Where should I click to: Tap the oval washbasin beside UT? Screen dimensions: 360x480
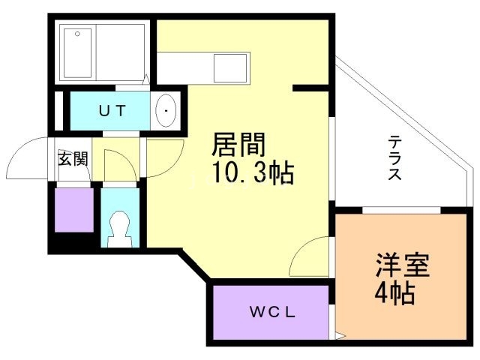(165, 112)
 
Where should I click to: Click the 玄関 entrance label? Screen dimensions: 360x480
(73, 158)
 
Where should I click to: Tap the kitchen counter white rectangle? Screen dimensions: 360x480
(202, 67)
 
